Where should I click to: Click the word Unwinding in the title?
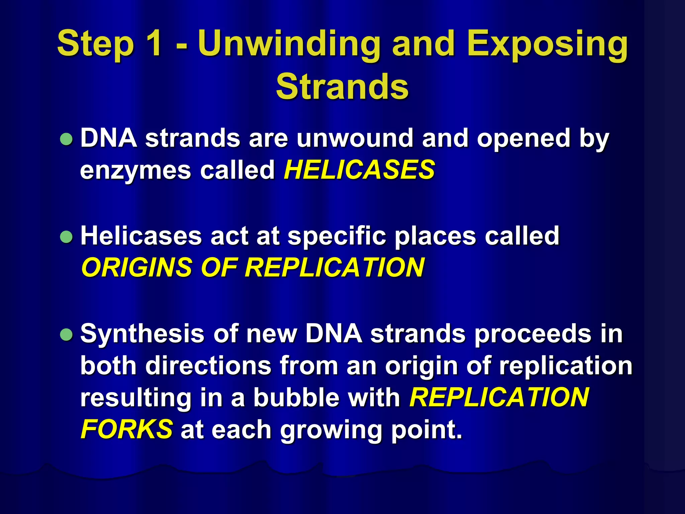coord(289,44)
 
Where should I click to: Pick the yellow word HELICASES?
coord(359,170)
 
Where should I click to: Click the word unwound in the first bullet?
coord(355,138)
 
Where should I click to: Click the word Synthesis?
coord(142,334)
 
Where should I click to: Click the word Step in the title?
coord(96,44)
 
